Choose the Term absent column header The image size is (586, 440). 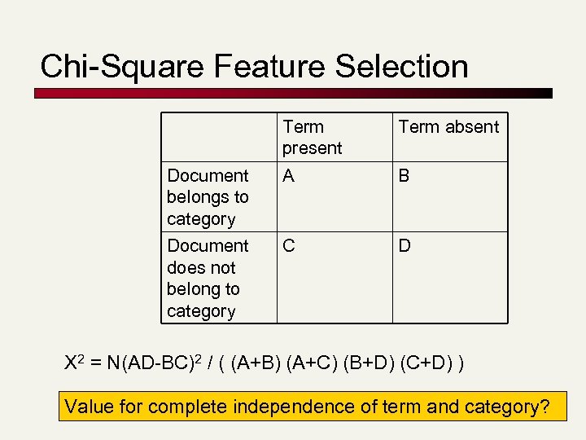click(x=448, y=127)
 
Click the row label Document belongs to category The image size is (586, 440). click(x=208, y=197)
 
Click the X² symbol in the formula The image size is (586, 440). click(x=74, y=361)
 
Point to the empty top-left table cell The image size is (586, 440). click(x=220, y=137)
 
